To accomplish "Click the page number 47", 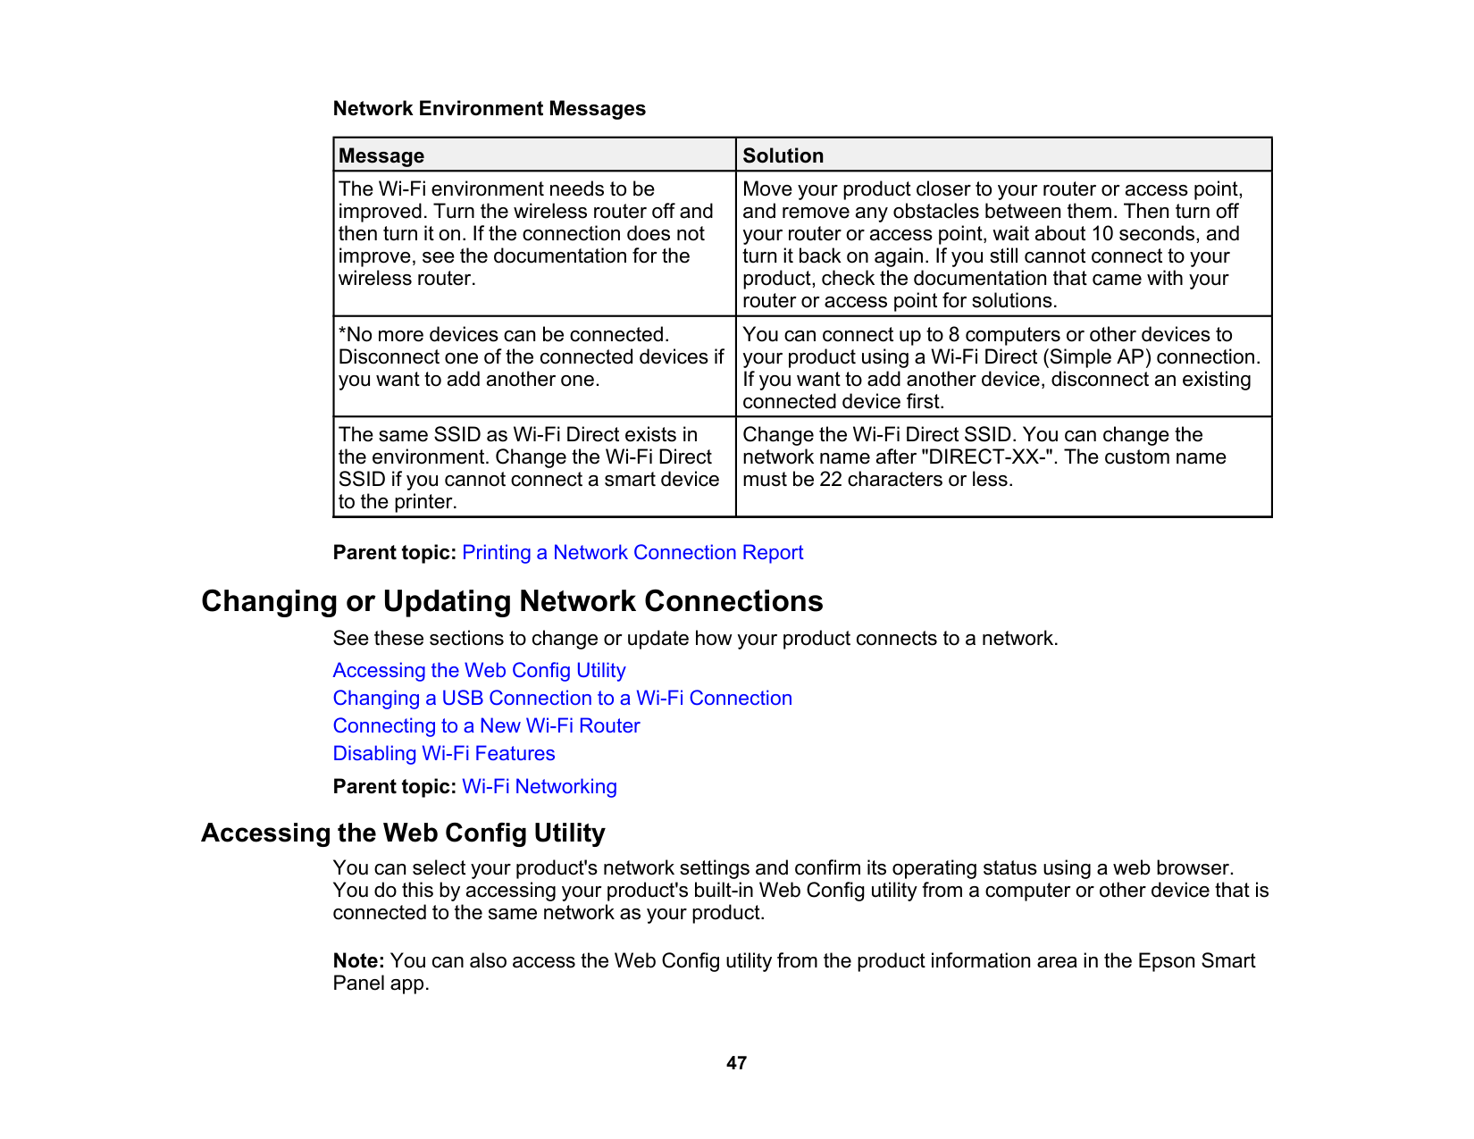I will click(736, 1063).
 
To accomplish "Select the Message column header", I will click(381, 155).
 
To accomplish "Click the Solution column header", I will click(783, 155).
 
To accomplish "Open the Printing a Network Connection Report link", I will click(632, 552).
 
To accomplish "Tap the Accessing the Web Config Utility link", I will click(479, 670).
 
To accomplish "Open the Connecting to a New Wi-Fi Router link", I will click(486, 725).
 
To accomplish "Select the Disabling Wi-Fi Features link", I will click(444, 753).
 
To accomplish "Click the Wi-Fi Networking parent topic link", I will click(540, 786).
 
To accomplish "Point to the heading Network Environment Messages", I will click(489, 108).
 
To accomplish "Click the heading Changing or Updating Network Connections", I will click(512, 601).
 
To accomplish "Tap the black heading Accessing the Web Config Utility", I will click(403, 833).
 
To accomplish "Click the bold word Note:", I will click(358, 960).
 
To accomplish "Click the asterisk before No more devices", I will click(342, 332).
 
